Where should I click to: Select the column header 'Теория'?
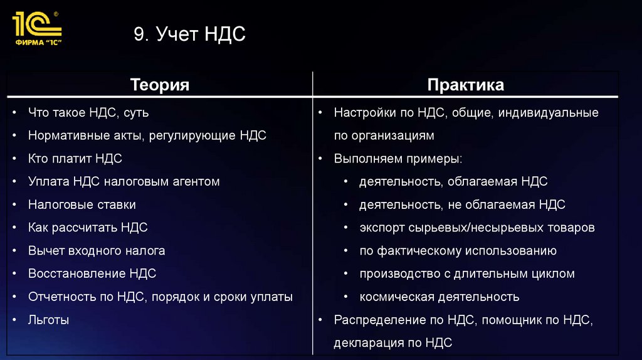pos(159,85)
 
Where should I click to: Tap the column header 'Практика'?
pos(465,85)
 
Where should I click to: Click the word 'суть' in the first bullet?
pos(136,113)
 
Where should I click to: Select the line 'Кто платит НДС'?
pos(75,159)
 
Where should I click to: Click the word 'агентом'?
pos(196,181)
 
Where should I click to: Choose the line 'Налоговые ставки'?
pos(82,204)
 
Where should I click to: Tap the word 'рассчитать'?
pos(86,228)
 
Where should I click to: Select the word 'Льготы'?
pos(48,320)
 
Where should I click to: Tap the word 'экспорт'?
pos(381,228)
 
